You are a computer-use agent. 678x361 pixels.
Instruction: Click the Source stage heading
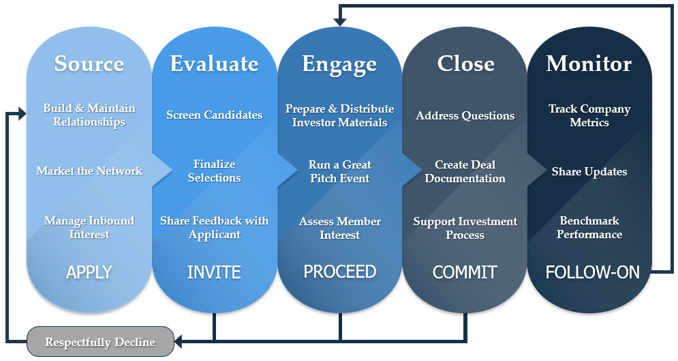tap(89, 63)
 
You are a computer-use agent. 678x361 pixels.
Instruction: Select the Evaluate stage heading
tap(214, 63)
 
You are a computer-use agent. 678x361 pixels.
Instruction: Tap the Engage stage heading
tap(339, 65)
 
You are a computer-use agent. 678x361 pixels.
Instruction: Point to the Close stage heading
tap(465, 63)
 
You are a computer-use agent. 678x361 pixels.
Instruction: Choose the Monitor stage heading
tap(589, 63)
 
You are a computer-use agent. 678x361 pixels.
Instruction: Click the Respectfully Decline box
tap(100, 342)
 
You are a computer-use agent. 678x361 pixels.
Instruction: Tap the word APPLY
tap(89, 272)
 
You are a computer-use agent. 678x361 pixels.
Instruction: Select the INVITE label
tap(214, 272)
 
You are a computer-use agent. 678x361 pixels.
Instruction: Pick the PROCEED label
tap(339, 272)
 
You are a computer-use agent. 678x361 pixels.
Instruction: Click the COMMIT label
tap(465, 272)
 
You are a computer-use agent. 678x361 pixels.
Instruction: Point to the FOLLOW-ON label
tap(592, 272)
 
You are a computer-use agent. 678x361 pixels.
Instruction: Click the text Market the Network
tap(89, 171)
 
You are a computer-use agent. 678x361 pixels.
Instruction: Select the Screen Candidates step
tap(214, 115)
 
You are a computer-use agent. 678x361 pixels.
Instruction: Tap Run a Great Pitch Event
tap(339, 171)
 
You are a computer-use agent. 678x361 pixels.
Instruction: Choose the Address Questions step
tap(465, 115)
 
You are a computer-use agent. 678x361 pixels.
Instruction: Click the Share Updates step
tap(589, 171)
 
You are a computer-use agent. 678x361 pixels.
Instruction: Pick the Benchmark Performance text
tap(589, 227)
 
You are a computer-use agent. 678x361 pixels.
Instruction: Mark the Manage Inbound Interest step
tap(89, 227)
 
